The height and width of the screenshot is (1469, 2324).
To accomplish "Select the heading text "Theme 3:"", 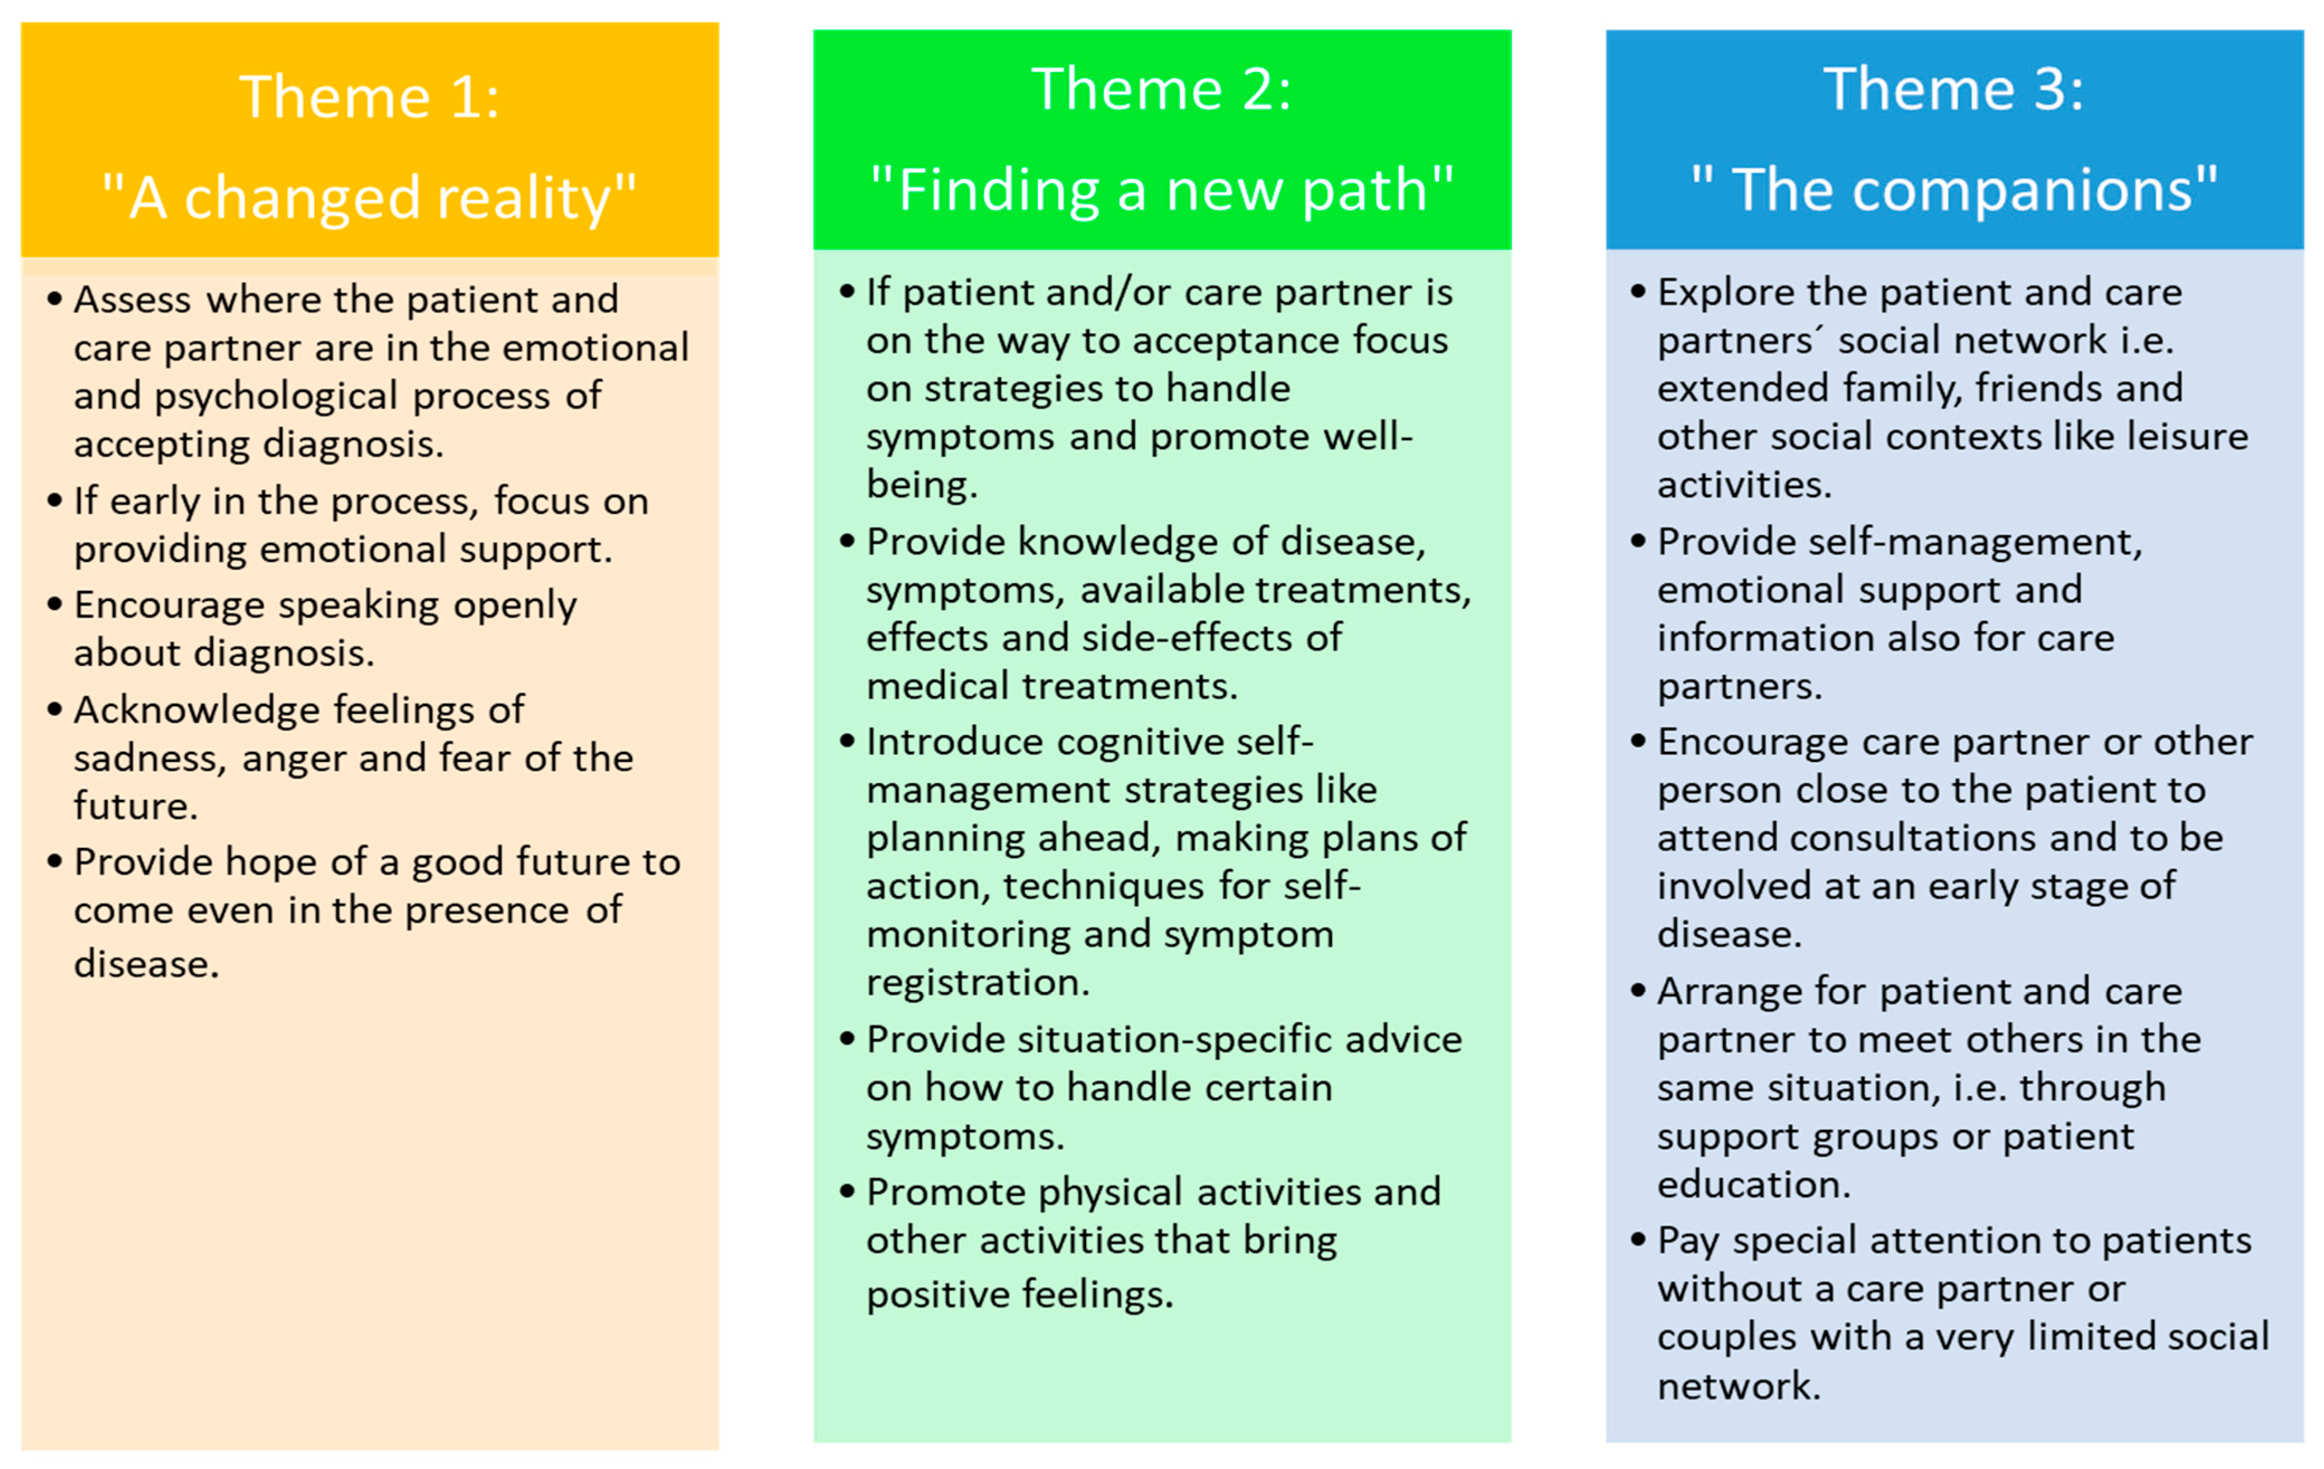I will click(1954, 90).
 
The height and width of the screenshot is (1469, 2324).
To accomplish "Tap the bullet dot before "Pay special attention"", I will click(1638, 1239).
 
